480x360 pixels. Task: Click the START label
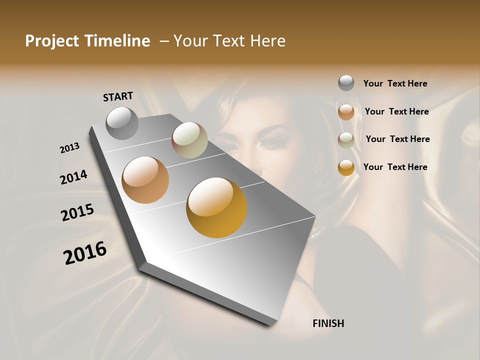pyautogui.click(x=118, y=96)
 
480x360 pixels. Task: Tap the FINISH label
pyautogui.click(x=328, y=323)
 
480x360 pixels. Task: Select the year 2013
pyautogui.click(x=70, y=148)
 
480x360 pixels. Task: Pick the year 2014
pyautogui.click(x=74, y=177)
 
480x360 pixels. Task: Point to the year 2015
pyautogui.click(x=77, y=212)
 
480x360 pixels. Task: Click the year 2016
pyautogui.click(x=85, y=253)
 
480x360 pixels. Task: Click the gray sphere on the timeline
pyautogui.click(x=122, y=123)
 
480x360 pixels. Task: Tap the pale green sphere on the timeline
pyautogui.click(x=189, y=140)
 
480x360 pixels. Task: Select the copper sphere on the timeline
pyautogui.click(x=145, y=180)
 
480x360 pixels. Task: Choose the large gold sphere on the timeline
pyautogui.click(x=216, y=207)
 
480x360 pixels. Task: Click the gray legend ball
pyautogui.click(x=346, y=83)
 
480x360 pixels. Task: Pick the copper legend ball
pyautogui.click(x=346, y=112)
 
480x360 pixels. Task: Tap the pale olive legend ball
pyautogui.click(x=346, y=140)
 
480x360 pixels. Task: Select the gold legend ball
pyautogui.click(x=346, y=167)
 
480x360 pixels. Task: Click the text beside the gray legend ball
pyautogui.click(x=395, y=83)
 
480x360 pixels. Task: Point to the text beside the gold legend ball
pyautogui.click(x=395, y=167)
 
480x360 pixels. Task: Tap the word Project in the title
pyautogui.click(x=52, y=41)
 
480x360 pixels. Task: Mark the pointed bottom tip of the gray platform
pyautogui.click(x=270, y=324)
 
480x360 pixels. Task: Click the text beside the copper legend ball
pyautogui.click(x=396, y=111)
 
